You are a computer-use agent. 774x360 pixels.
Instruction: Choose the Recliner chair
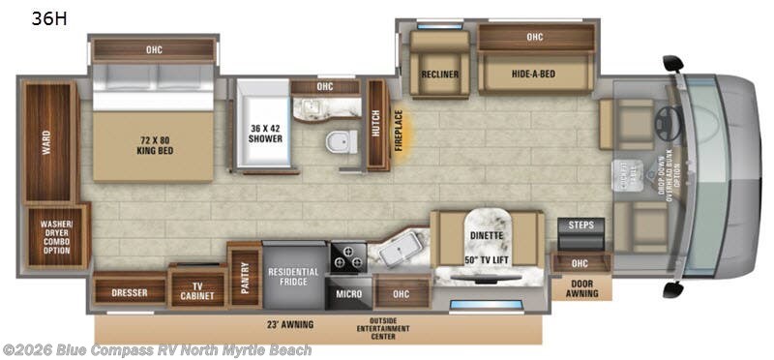tap(438, 75)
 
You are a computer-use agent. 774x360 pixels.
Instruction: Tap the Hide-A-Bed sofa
tap(535, 75)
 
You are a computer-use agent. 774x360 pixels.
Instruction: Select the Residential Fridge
tap(294, 276)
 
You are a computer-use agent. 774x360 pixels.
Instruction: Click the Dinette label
tap(487, 233)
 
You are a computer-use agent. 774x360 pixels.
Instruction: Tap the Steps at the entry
tap(580, 226)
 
